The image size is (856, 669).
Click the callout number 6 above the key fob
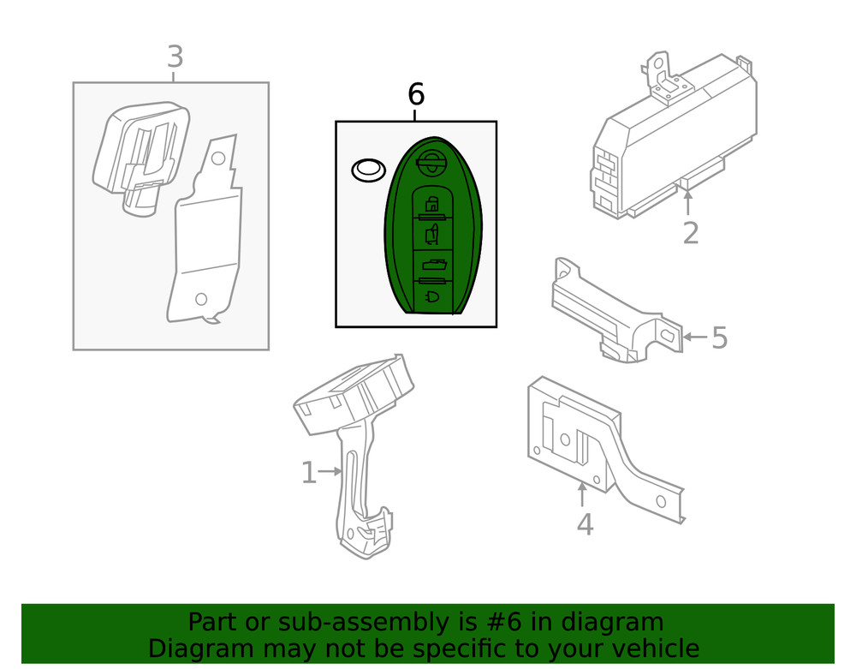point(416,93)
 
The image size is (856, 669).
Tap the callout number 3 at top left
point(175,57)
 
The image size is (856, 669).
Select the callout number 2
point(690,232)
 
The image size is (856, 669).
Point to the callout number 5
point(719,337)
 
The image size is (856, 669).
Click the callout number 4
point(584,523)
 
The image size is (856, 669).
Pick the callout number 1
point(308,472)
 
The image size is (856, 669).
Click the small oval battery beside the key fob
point(368,170)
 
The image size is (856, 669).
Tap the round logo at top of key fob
point(431,160)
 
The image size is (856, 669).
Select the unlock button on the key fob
point(432,233)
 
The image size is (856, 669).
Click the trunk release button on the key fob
point(432,266)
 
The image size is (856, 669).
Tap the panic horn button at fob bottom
point(432,296)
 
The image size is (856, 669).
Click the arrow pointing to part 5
point(696,337)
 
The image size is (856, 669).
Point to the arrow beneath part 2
point(687,202)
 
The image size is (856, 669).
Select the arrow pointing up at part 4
point(582,495)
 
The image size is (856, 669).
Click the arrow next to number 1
point(331,470)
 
